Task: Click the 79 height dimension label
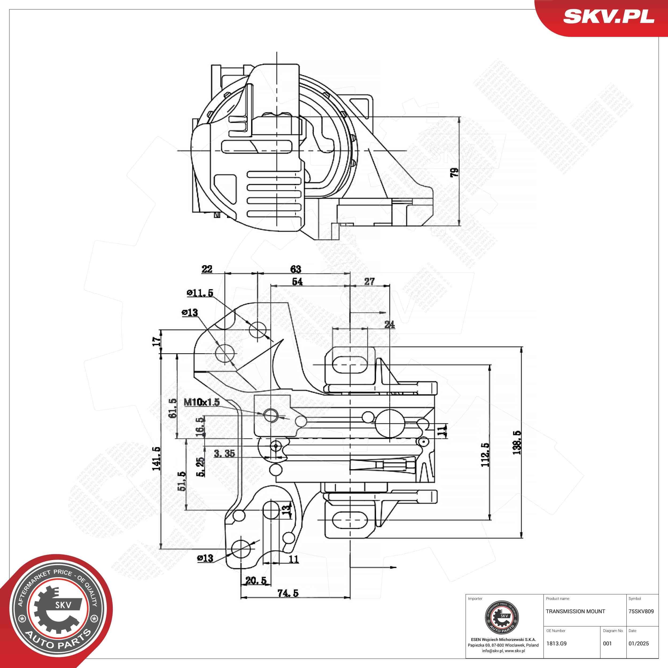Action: click(454, 172)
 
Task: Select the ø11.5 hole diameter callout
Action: click(200, 293)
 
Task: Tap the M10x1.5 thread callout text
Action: click(201, 402)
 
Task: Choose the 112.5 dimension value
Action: click(486, 455)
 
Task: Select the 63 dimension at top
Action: click(296, 269)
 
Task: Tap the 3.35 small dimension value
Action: click(224, 453)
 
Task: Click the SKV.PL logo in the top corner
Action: click(608, 17)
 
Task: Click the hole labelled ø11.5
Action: click(258, 330)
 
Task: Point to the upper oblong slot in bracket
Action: click(350, 364)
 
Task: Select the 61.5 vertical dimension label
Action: click(173, 408)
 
